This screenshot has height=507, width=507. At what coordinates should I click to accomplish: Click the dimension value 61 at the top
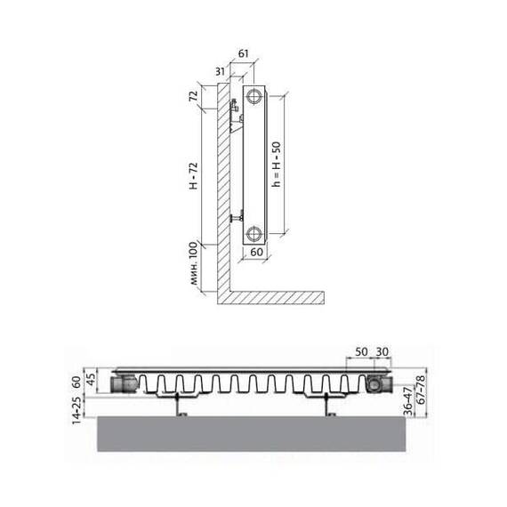(243, 53)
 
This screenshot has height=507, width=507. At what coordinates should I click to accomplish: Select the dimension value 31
(221, 71)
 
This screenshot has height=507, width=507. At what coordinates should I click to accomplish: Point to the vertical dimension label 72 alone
(193, 96)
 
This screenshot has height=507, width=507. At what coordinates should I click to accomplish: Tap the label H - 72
(193, 175)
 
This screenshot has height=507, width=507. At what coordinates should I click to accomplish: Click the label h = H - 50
(276, 165)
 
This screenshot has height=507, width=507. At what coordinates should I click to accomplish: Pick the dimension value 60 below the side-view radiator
(257, 252)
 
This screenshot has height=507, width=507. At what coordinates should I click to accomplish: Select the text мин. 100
(193, 263)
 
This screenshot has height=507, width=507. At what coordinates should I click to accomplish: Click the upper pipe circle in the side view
(254, 96)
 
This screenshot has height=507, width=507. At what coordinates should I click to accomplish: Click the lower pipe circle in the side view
(253, 233)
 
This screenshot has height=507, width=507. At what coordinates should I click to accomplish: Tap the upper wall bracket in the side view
(236, 116)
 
